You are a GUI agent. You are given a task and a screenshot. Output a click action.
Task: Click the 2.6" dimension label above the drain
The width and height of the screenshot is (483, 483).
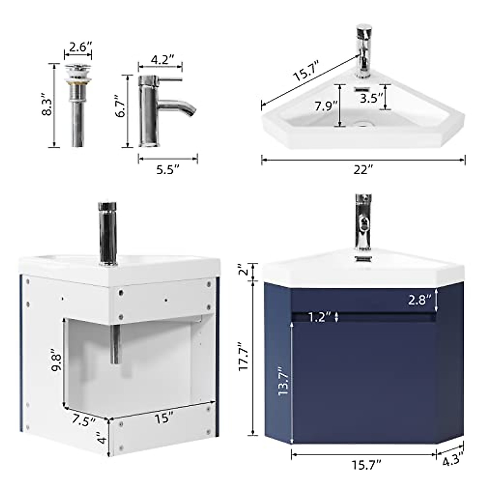point(78,47)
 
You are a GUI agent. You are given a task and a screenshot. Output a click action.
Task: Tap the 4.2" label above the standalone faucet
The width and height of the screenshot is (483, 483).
point(162,60)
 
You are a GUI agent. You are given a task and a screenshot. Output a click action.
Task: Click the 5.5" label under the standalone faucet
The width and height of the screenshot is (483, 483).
point(167,170)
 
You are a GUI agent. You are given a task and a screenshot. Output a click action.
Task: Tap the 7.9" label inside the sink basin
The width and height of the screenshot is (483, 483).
point(326,107)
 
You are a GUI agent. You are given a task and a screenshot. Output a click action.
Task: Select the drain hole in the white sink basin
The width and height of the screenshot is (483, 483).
point(363,125)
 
